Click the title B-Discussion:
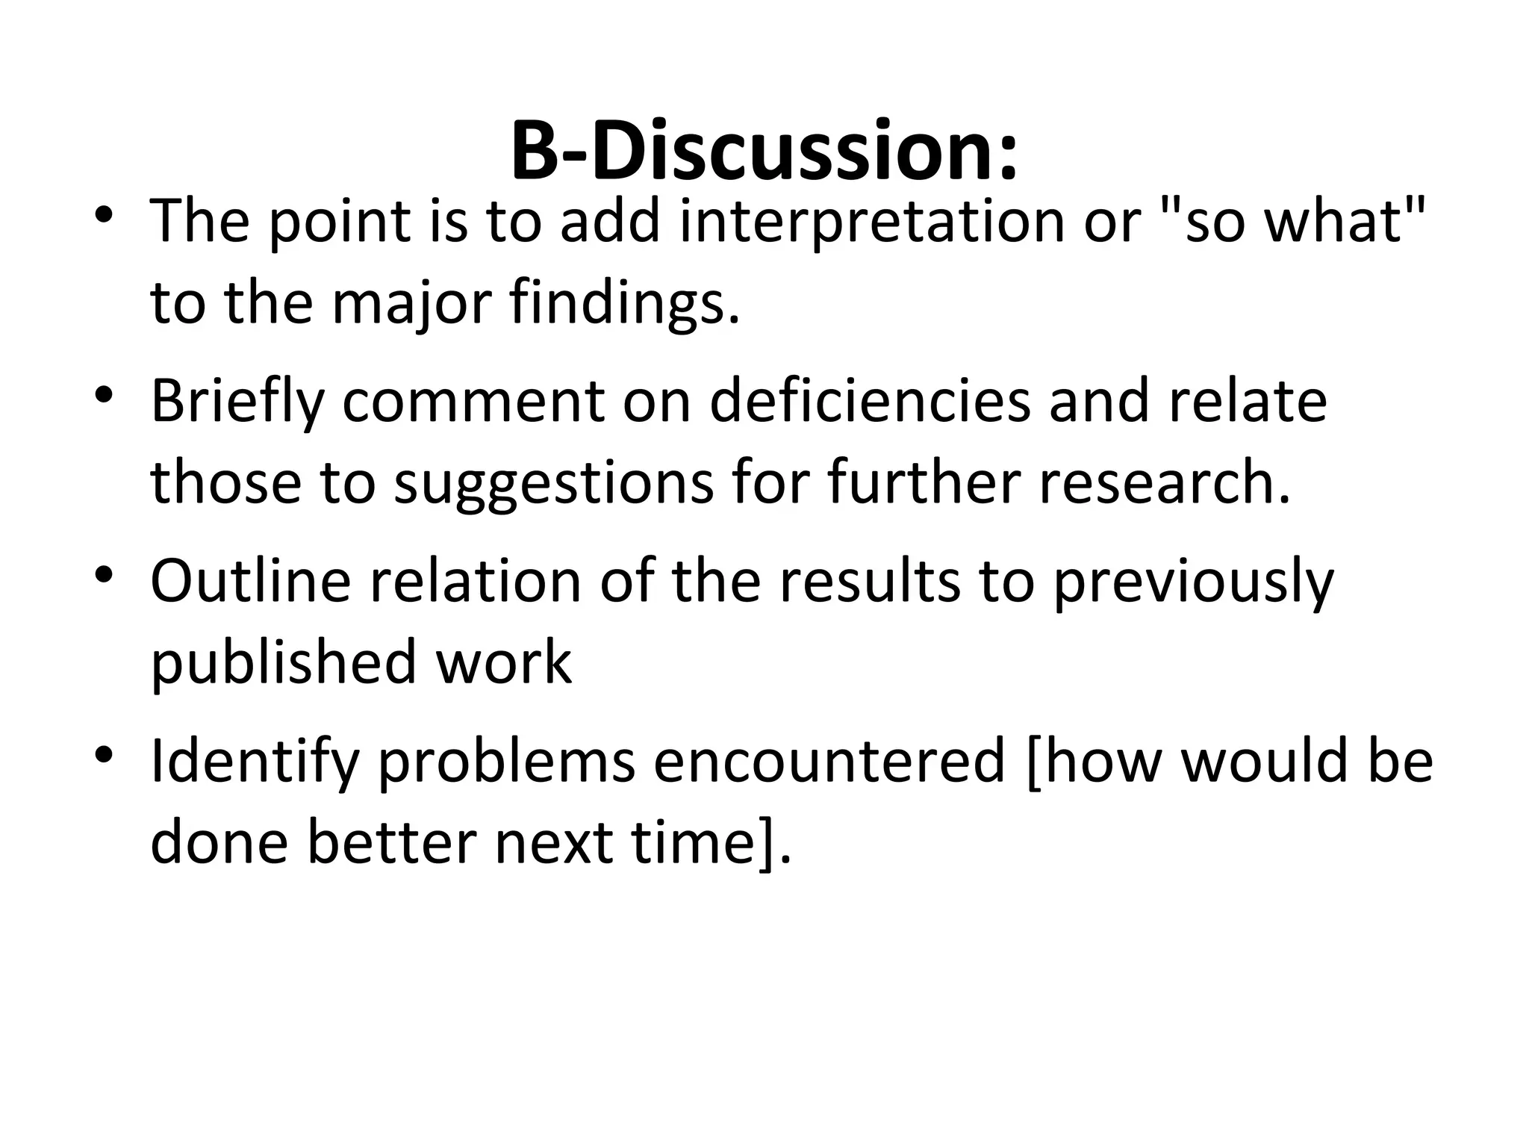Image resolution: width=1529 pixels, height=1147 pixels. tap(764, 152)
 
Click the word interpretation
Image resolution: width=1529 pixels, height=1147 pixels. tap(873, 222)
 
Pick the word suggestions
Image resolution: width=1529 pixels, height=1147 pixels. tap(553, 484)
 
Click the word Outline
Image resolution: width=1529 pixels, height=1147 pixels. tap(251, 580)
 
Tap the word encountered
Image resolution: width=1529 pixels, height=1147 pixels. tap(829, 761)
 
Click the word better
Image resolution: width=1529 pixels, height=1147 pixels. tap(392, 842)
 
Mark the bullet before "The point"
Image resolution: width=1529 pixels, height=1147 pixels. tap(104, 215)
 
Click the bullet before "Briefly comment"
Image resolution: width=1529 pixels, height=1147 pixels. tap(104, 395)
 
